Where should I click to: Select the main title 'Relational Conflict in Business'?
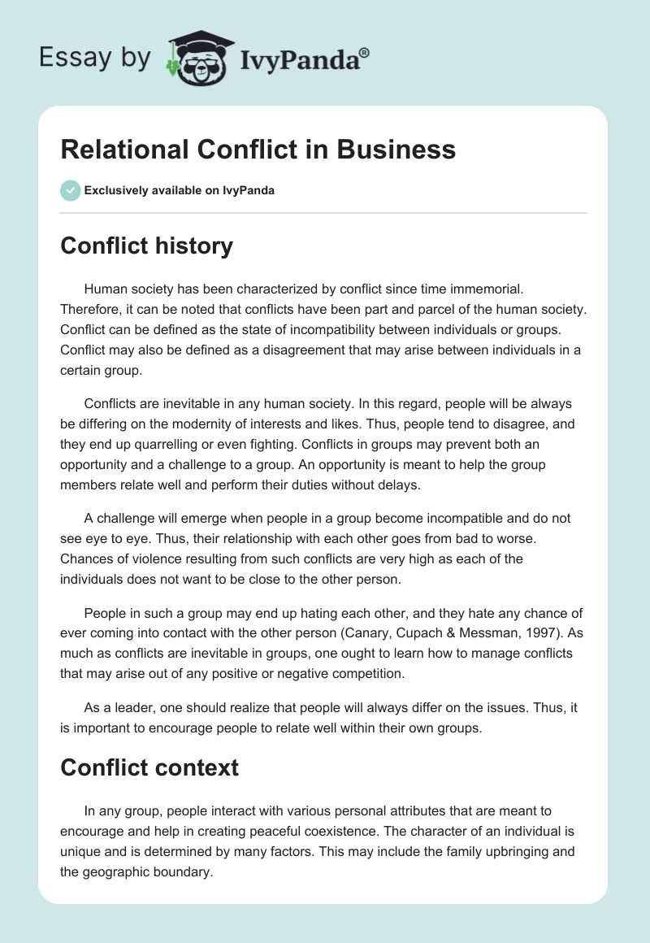point(258,150)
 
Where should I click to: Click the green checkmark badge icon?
point(70,190)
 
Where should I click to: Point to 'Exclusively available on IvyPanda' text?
point(180,191)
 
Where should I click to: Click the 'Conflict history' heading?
point(147,246)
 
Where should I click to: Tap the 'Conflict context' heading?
point(149,767)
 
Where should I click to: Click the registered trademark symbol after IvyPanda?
point(365,51)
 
